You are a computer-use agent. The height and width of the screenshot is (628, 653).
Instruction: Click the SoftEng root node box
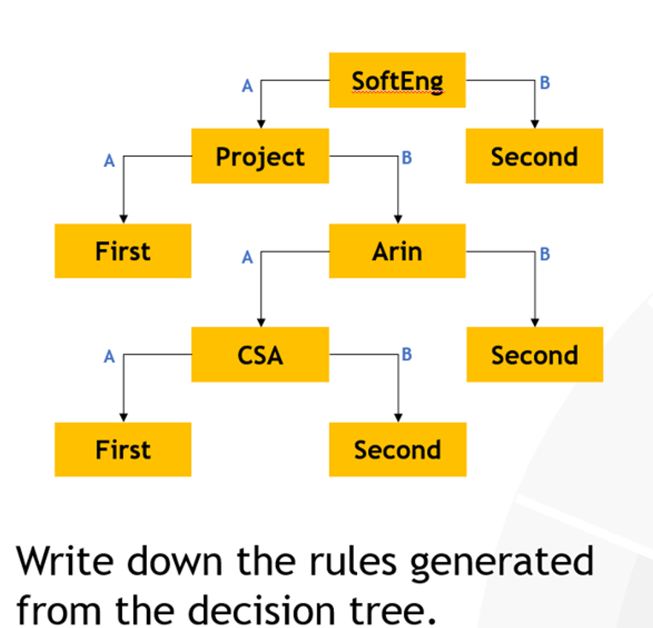pyautogui.click(x=397, y=80)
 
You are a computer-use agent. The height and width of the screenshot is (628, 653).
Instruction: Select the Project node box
pyautogui.click(x=260, y=156)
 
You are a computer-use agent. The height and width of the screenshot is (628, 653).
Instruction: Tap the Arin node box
pyautogui.click(x=397, y=251)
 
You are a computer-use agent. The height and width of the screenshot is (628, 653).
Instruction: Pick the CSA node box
pyautogui.click(x=260, y=354)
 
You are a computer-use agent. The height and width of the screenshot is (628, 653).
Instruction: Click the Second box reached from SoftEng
pyautogui.click(x=534, y=156)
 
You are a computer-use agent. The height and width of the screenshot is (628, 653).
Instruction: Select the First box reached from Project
pyautogui.click(x=122, y=251)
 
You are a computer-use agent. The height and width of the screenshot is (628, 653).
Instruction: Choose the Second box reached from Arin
pyautogui.click(x=534, y=354)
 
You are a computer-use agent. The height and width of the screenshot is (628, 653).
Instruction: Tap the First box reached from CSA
pyautogui.click(x=122, y=449)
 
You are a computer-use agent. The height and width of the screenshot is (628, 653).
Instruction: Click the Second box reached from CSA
pyautogui.click(x=397, y=449)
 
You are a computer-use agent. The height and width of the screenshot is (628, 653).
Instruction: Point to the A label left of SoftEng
pyautogui.click(x=248, y=87)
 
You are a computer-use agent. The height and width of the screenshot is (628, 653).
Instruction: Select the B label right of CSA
pyautogui.click(x=406, y=354)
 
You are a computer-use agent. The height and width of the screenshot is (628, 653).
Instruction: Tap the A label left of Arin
pyautogui.click(x=248, y=258)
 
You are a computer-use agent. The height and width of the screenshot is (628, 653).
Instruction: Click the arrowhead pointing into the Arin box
pyautogui.click(x=398, y=219)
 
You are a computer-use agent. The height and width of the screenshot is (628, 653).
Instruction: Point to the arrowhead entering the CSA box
pyautogui.click(x=260, y=322)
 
